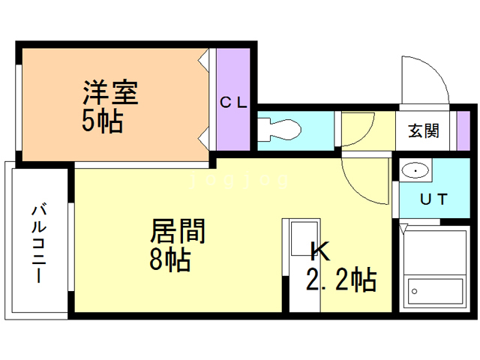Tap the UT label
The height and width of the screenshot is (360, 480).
point(432,199)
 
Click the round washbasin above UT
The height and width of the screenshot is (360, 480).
point(413,172)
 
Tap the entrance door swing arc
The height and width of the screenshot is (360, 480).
point(423,79)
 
